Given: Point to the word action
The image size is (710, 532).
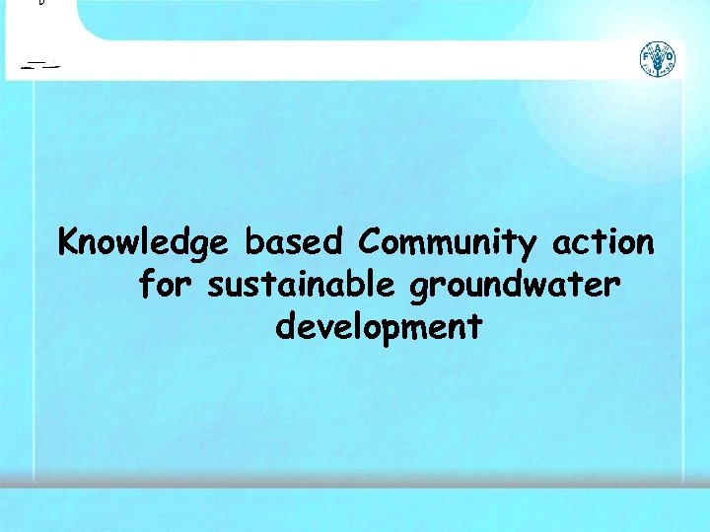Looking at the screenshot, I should click(603, 241).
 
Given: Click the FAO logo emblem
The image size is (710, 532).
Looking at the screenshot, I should click(658, 60).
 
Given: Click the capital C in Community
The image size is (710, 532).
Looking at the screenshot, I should click(371, 241).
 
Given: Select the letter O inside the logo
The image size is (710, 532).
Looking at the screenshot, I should click(669, 60).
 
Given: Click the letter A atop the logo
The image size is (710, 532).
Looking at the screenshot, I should click(658, 48).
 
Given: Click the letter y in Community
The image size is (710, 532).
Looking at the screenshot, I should click(528, 246).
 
